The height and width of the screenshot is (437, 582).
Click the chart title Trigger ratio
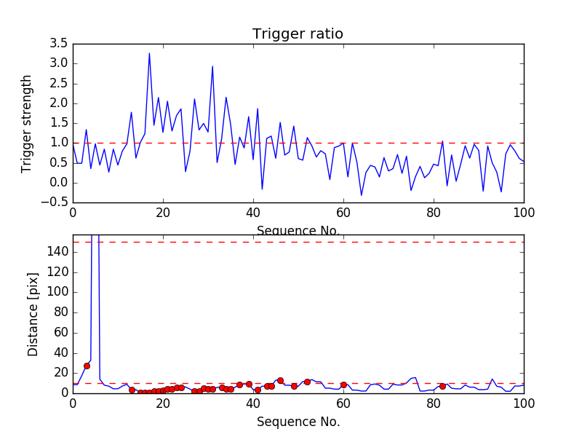point(298,34)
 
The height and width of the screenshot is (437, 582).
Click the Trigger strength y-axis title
point(27,123)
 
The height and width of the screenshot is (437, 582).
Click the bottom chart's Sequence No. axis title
point(298,422)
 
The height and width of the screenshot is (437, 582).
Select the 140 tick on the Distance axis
point(57,251)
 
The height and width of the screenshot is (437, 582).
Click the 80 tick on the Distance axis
point(60,312)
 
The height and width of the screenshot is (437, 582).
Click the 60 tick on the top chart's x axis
point(343,214)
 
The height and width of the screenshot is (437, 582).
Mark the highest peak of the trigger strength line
point(149,53)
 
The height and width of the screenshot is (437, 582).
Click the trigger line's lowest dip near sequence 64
point(362,194)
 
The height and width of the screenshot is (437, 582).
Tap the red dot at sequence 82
point(442,386)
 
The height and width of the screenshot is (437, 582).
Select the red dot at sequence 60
point(343,385)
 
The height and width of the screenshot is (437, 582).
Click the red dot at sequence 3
point(87,366)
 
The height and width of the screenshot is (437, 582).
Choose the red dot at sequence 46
point(280,380)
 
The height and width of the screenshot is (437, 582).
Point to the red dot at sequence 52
point(307,382)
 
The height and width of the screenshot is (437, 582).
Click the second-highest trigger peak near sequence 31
point(212,66)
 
